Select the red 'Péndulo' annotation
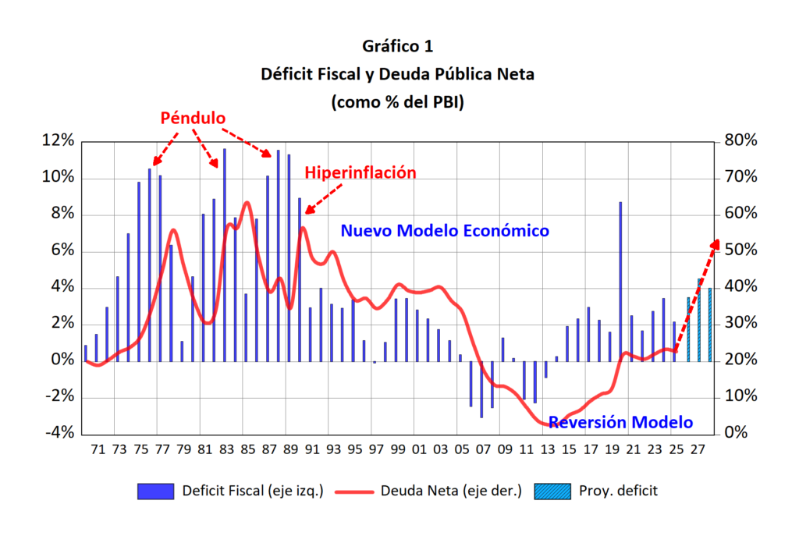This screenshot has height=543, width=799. [193, 118]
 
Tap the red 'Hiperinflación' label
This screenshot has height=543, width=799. [360, 173]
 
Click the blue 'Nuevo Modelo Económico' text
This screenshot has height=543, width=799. [445, 231]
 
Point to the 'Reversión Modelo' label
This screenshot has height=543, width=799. [620, 423]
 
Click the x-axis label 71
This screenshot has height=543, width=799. [98, 450]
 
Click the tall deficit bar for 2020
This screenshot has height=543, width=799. [621, 281]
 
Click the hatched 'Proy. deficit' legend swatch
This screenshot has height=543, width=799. [553, 492]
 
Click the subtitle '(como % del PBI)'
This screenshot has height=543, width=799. [399, 101]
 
